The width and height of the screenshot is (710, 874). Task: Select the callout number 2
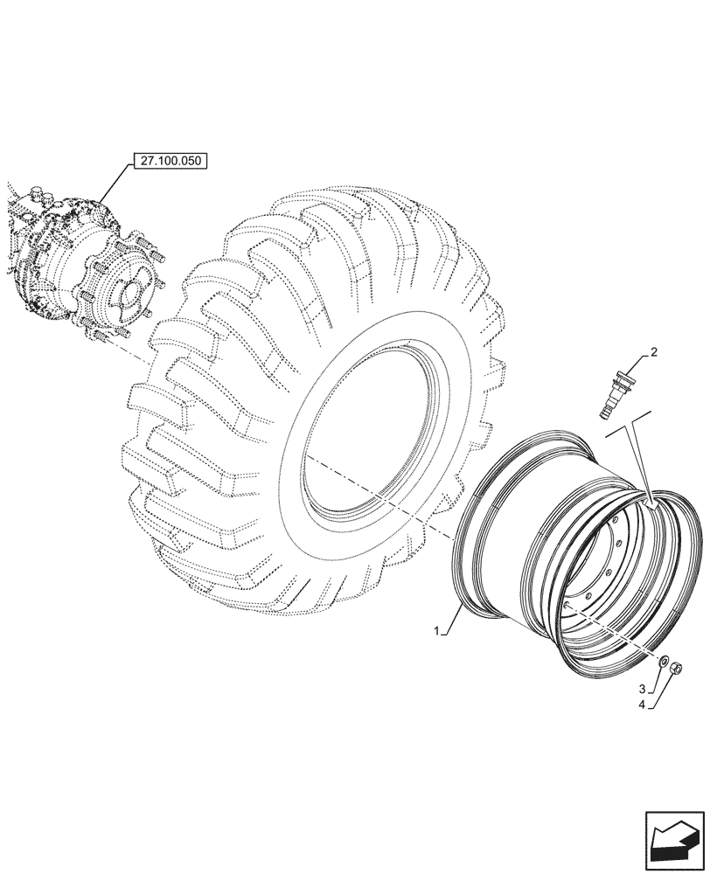point(653,353)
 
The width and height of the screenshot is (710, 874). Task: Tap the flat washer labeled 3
point(663,662)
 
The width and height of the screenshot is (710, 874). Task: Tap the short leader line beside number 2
point(635,364)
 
